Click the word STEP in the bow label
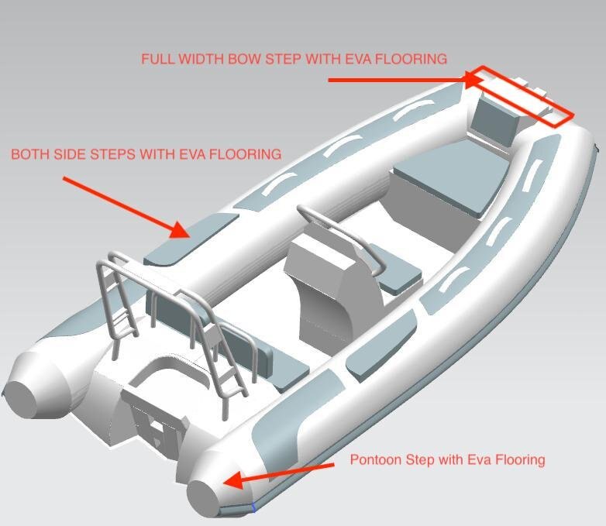coord(284,59)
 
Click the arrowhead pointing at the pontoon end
coord(233,480)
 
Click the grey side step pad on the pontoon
coord(191,239)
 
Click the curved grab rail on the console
coord(340,235)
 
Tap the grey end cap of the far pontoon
coord(20,399)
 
